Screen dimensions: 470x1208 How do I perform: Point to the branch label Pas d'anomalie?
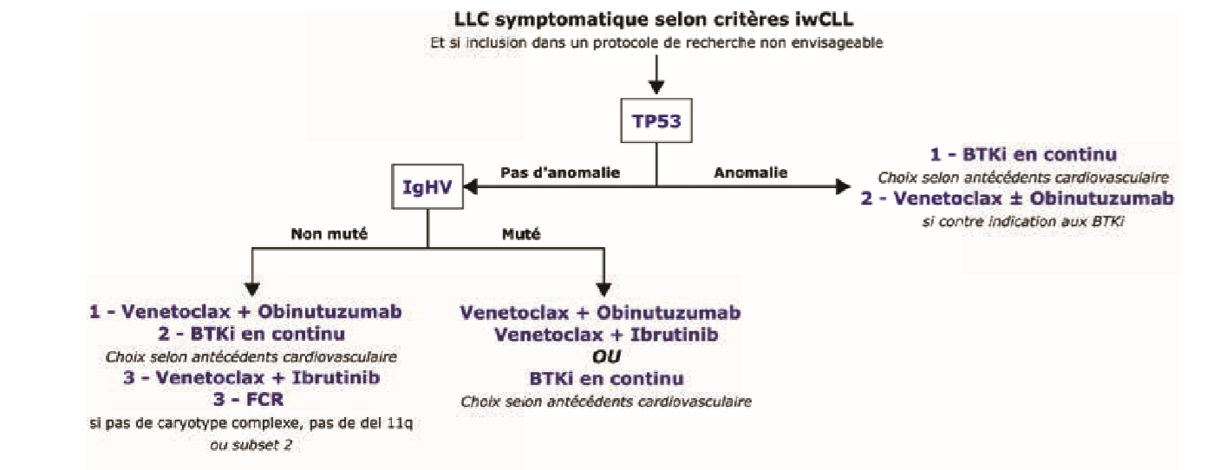(x=560, y=173)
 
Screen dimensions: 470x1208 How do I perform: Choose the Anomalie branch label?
(x=750, y=173)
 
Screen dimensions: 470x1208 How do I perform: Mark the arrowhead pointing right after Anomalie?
(x=840, y=186)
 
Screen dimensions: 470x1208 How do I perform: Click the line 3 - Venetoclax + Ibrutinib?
(x=246, y=378)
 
